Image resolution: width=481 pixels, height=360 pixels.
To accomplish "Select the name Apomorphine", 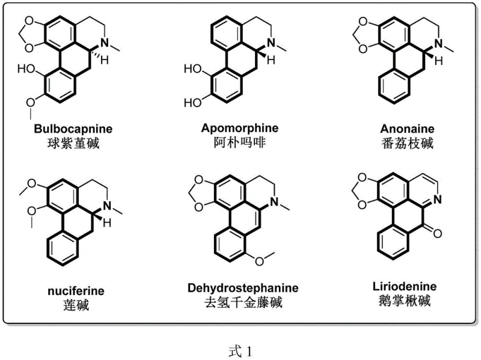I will coord(240,128).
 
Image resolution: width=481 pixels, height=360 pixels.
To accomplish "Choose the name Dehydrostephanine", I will coord(242,288).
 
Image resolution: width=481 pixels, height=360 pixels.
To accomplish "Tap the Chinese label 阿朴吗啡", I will coord(240,142).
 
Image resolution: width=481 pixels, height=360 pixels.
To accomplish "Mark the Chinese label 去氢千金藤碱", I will coord(242,302).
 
